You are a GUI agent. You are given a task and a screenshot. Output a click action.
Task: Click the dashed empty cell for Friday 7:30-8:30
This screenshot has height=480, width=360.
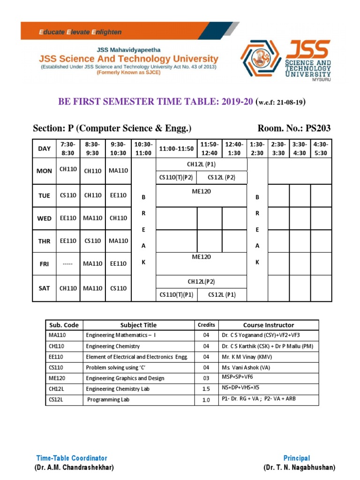tap(68, 264)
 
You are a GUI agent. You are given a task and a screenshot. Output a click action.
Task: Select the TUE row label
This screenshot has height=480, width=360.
tap(44, 195)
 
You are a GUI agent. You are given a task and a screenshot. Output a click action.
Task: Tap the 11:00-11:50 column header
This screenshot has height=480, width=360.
tap(176, 149)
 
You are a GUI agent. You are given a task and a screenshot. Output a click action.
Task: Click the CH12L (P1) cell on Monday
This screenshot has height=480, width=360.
tap(201, 165)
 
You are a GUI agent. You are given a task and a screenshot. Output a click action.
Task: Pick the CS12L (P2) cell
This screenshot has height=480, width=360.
tap(221, 177)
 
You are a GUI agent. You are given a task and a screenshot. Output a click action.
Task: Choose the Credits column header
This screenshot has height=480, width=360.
tap(206, 325)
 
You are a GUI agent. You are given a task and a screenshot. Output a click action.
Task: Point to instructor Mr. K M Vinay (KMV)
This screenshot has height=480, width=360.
tap(248, 357)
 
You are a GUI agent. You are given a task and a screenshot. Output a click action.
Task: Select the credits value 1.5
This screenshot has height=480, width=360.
tap(206, 389)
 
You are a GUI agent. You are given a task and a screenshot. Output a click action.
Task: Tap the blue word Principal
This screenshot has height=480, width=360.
tap(296, 458)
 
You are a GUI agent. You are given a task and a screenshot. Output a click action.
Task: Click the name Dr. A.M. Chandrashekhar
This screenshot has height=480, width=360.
tap(74, 468)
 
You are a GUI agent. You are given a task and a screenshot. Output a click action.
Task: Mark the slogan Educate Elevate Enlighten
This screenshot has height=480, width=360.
tap(80, 32)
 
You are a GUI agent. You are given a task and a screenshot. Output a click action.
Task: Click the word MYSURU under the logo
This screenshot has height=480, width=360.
tap(322, 80)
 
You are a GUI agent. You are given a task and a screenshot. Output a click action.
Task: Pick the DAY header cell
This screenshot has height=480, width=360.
tap(44, 149)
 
